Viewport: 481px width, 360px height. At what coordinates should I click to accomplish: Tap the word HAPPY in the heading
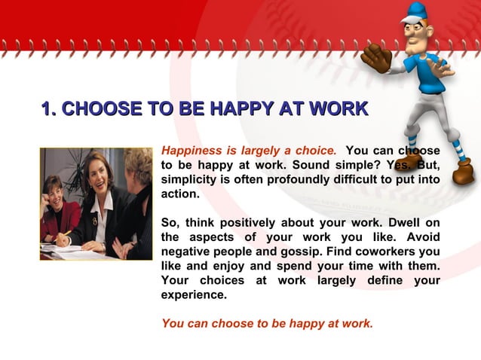(x=242, y=109)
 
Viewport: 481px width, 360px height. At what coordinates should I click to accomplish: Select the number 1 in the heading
(x=47, y=109)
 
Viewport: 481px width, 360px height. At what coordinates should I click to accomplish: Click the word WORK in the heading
(x=338, y=109)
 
